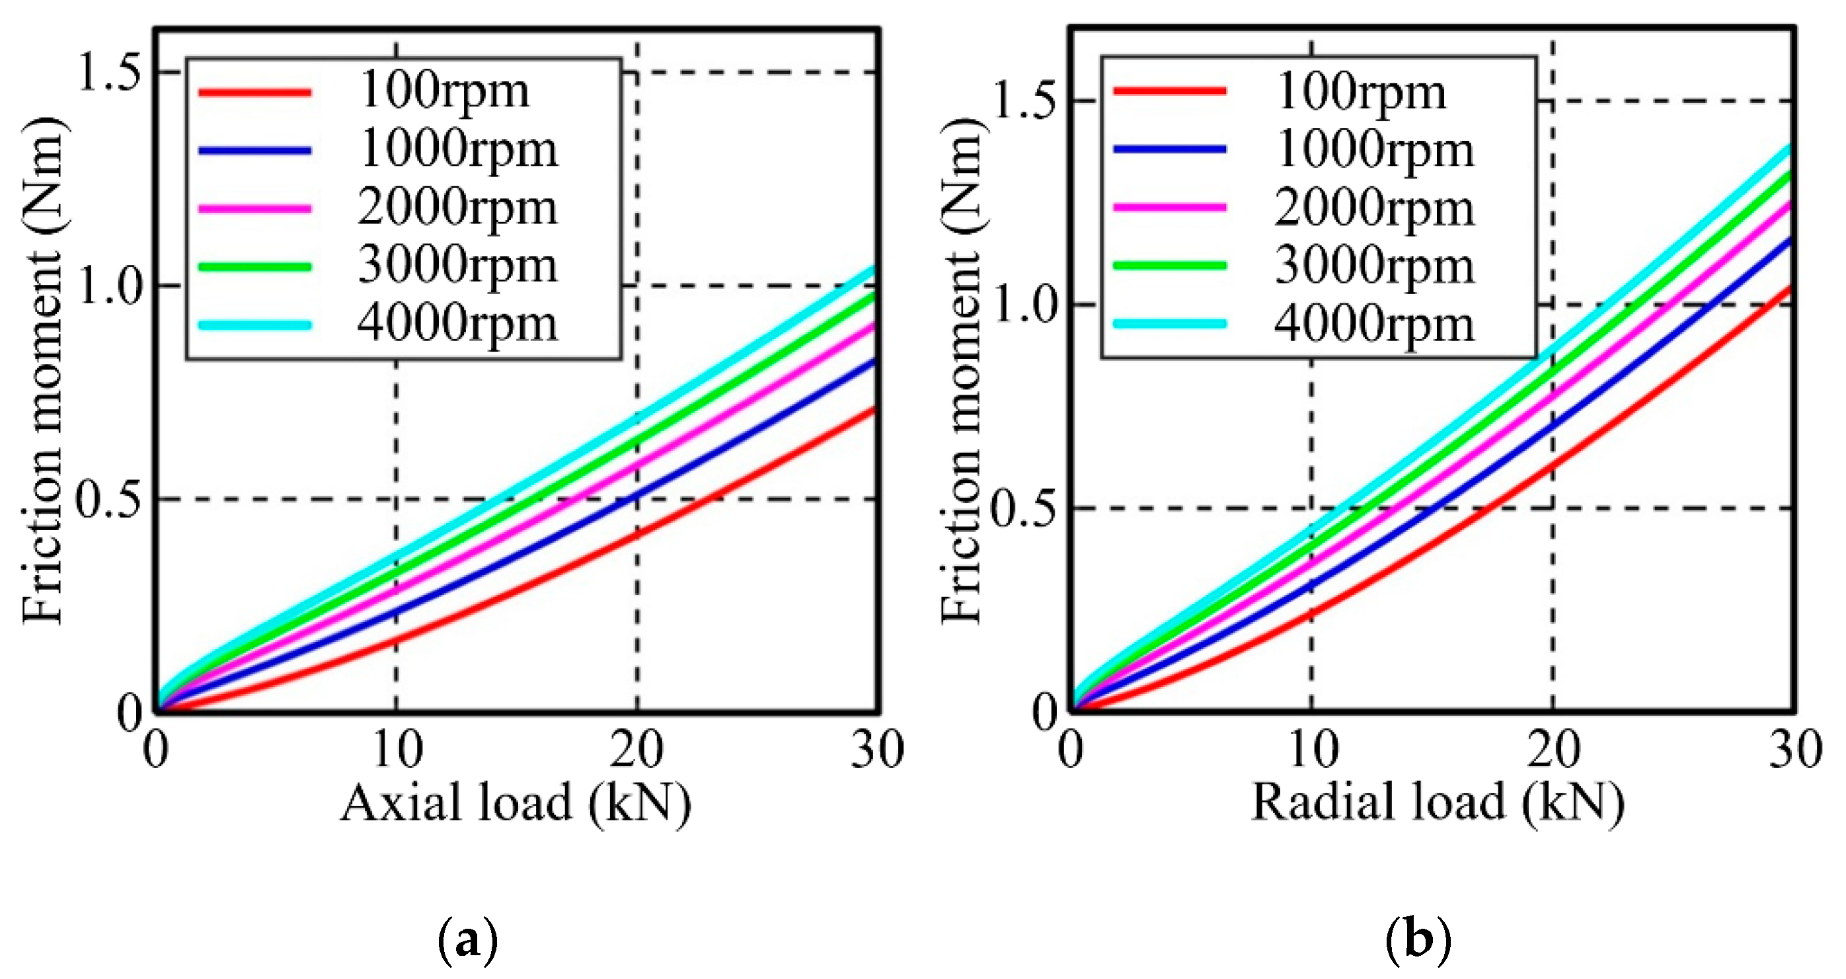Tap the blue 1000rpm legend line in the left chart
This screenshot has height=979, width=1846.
click(x=254, y=151)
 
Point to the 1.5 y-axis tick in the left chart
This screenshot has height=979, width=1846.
click(x=108, y=73)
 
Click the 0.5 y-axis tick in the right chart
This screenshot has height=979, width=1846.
click(x=1022, y=509)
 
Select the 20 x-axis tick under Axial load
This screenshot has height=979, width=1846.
click(x=636, y=750)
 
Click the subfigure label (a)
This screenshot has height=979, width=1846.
click(x=467, y=939)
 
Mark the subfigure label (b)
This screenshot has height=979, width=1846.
click(x=1418, y=939)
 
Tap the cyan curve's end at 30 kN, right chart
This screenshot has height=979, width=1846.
click(x=1788, y=147)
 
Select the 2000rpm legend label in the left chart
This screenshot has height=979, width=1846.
click(x=457, y=208)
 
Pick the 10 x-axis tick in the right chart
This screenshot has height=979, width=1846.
click(x=1312, y=750)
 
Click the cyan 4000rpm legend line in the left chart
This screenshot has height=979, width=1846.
click(x=254, y=325)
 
